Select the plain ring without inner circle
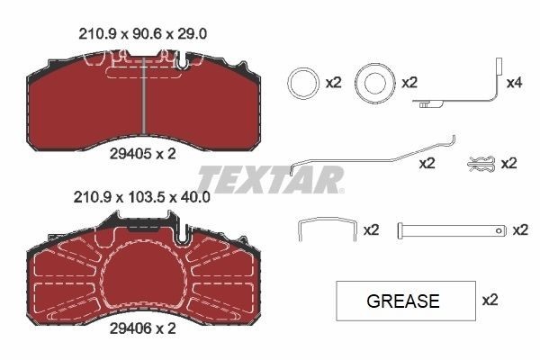[301, 84]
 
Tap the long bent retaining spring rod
[373, 156]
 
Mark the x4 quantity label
[514, 83]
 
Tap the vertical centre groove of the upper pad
[145, 96]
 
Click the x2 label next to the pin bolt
[519, 230]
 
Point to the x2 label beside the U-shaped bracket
[371, 230]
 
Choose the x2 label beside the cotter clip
[508, 164]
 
